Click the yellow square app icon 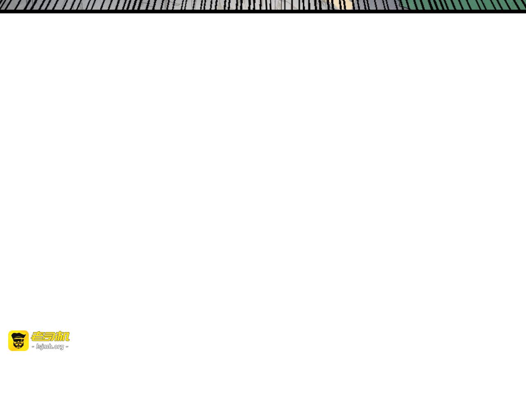[x=18, y=341]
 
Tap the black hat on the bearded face [x=18, y=336]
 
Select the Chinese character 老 [x=37, y=337]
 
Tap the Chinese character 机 [x=63, y=337]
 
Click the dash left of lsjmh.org [x=33, y=347]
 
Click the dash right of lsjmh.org [x=67, y=347]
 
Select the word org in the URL [x=59, y=347]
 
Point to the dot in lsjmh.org [x=53, y=348]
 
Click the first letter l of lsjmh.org [x=37, y=346]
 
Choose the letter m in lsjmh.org [x=46, y=347]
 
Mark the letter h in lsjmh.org [x=51, y=346]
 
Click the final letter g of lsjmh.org [x=62, y=347]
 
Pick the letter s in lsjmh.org [x=39, y=347]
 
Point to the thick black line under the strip [x=263, y=12]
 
